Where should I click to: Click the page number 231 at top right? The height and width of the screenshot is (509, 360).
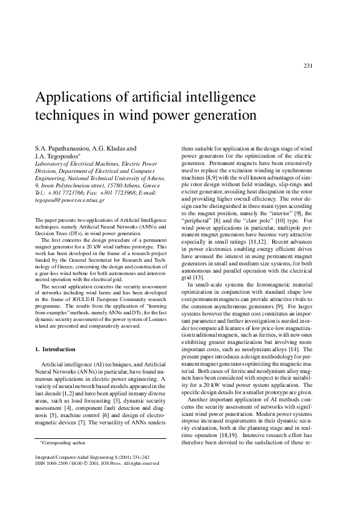point(307,66)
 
